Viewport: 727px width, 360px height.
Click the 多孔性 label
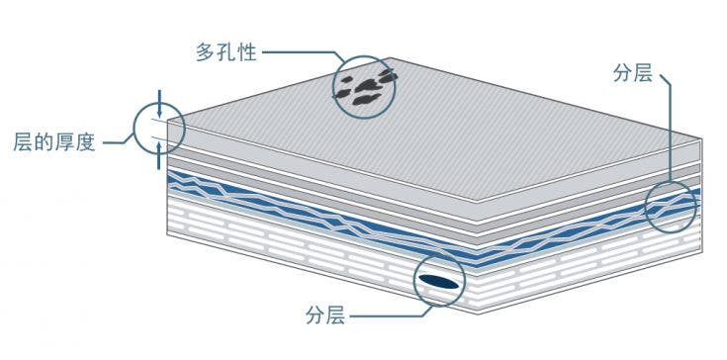point(227,52)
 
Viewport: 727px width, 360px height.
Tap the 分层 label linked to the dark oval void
point(325,316)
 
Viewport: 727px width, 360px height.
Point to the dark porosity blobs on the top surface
point(363,85)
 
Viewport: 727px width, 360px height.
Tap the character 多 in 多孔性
point(206,52)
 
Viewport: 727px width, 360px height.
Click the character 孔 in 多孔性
point(227,52)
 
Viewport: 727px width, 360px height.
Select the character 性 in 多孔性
point(247,52)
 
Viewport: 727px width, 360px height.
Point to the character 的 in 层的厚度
point(43,141)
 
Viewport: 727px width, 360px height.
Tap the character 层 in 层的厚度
point(22,141)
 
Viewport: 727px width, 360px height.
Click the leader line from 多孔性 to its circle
point(297,52)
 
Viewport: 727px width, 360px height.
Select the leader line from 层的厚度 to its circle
point(117,141)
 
